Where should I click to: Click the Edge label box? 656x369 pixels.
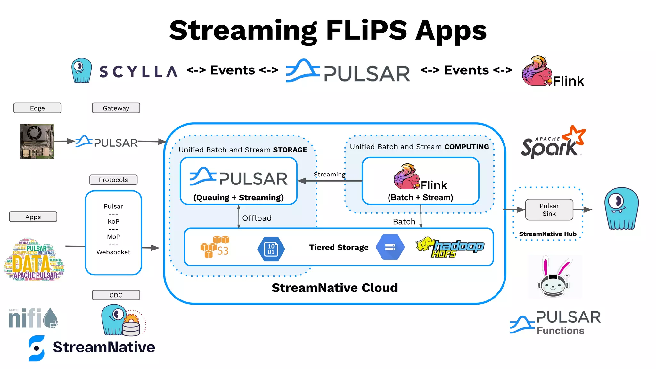coord(37,108)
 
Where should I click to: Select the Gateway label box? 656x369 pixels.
coord(116,108)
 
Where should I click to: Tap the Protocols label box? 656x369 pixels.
coord(113,180)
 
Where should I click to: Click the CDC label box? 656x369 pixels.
coord(116,295)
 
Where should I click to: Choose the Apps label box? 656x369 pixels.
coord(33,217)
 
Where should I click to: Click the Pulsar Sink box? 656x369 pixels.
coord(549,209)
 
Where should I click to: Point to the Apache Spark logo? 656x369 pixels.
coord(553,143)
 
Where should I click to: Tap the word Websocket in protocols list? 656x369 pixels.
coord(113,252)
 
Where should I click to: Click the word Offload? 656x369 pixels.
coord(257,218)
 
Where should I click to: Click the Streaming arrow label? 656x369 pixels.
coord(329,175)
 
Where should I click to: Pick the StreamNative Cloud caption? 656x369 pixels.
coord(334,288)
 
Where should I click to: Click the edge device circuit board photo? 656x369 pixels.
coord(37,141)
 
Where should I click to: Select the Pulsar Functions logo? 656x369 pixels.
coord(555,323)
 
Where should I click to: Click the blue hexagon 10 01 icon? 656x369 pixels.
coord(271,249)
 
